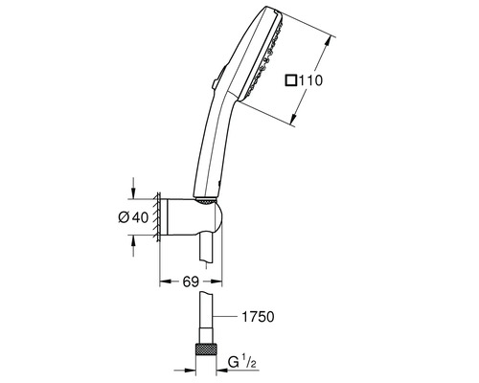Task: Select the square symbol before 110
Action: click(x=290, y=80)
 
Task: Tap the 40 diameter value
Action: click(x=141, y=217)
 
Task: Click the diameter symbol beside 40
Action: click(x=124, y=217)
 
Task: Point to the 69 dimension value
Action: click(x=191, y=282)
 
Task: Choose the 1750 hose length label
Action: click(x=258, y=317)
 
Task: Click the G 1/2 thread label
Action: click(x=242, y=362)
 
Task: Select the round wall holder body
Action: click(x=194, y=217)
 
